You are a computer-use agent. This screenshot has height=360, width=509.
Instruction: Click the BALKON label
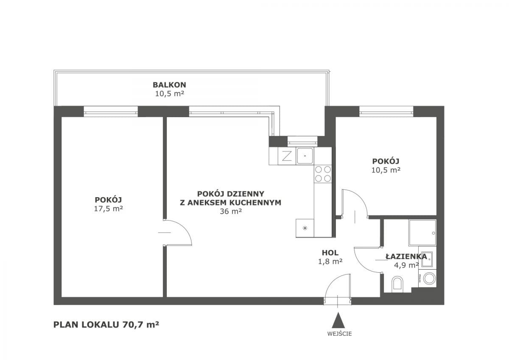pos(169,85)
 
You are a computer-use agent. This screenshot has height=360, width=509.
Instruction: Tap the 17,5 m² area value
pos(109,209)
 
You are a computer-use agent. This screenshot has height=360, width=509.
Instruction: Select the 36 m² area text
pos(231,212)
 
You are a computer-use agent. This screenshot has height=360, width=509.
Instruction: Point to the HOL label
pos(330,253)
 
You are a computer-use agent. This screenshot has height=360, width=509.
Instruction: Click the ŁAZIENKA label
pos(406,257)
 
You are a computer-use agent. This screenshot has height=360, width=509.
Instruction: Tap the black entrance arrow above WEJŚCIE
pos(338,320)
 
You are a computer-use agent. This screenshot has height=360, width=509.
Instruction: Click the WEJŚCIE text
pos(339,334)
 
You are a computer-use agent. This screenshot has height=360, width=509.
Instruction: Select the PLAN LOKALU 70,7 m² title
pos(106,324)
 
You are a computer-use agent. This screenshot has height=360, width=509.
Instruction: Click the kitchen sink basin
pos(305,156)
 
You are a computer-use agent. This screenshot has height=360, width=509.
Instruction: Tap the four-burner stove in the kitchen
pos(323,174)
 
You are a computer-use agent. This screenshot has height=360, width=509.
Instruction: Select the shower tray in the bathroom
pos(422,233)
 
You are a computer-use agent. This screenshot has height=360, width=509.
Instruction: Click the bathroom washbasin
pos(428,259)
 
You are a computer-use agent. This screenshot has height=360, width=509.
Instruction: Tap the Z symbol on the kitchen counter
pos(287,156)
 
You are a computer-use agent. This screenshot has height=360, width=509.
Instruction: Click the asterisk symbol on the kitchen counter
pos(305,228)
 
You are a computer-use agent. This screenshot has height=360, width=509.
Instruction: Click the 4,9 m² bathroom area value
pos(406,265)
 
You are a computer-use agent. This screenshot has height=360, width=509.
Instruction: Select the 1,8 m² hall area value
pos(330,262)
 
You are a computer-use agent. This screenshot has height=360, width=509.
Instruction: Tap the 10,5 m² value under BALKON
pos(169,94)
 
